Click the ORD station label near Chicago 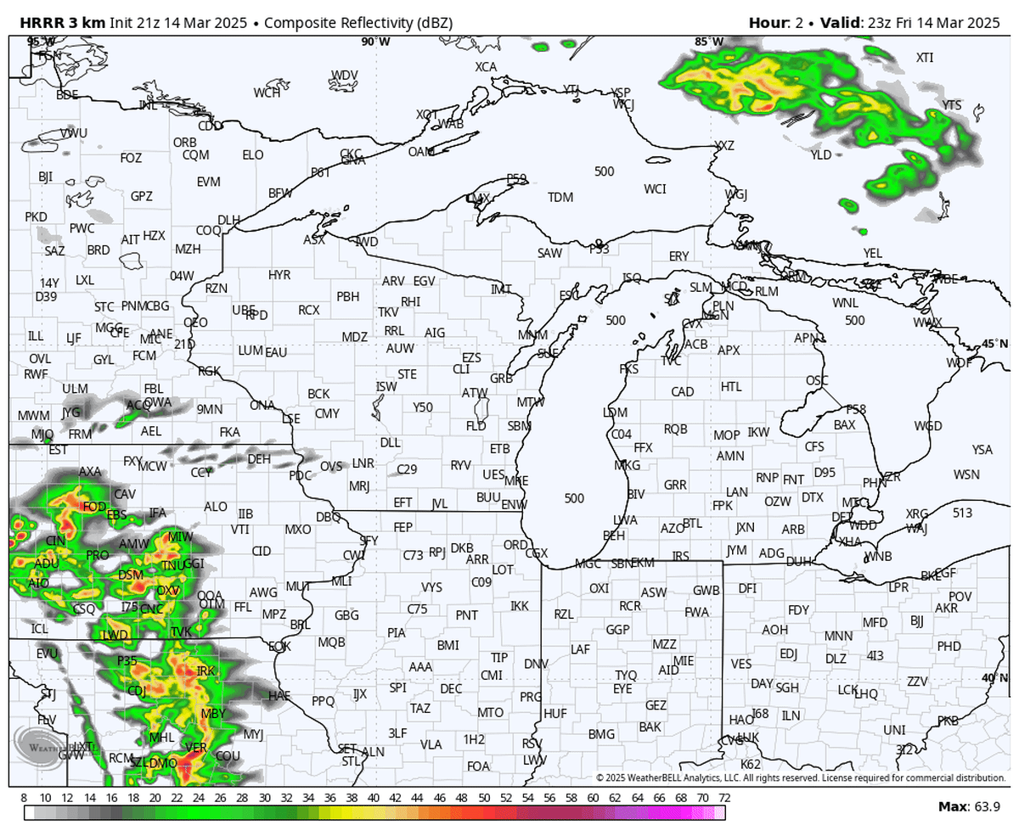[x=515, y=544]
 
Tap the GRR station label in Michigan [x=675, y=485]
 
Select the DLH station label [x=228, y=220]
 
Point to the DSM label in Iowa [x=131, y=575]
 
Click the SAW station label [x=549, y=253]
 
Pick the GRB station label [x=502, y=378]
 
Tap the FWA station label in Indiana [x=696, y=611]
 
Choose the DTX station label [x=813, y=497]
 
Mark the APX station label [x=729, y=350]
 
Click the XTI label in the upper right [x=924, y=58]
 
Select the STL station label [x=351, y=761]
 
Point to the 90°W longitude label [x=375, y=42]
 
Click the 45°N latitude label [x=994, y=344]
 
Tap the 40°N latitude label [x=994, y=677]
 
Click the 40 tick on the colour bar [x=374, y=799]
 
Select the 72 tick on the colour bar [x=724, y=799]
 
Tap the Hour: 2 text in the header [x=775, y=22]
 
